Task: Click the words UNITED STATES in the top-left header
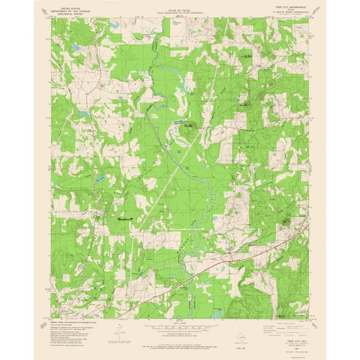(71, 4)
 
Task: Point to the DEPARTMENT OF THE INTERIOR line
(71, 7)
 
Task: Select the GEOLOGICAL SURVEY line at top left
(71, 11)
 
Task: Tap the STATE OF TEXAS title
(180, 4)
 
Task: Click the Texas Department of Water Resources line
(180, 7)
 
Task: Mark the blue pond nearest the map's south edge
(215, 309)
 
